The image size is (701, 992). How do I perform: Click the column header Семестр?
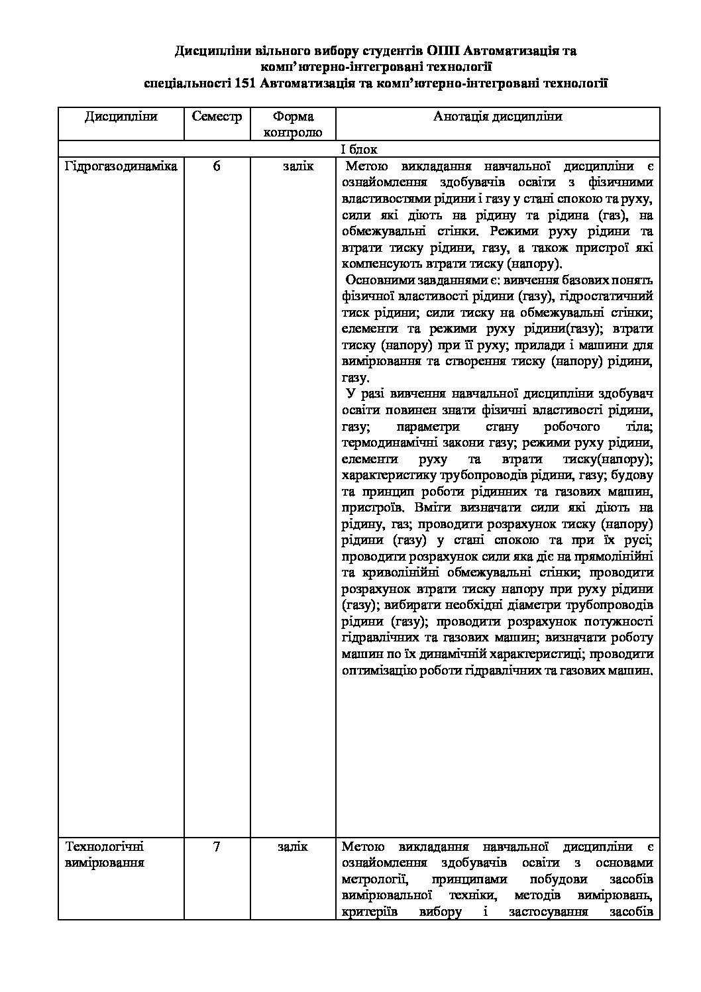(217, 117)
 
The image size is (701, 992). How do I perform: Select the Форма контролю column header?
(293, 124)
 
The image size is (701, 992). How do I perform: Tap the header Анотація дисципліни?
(498, 117)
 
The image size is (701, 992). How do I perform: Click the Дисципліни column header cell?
(121, 117)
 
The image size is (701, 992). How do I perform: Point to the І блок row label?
(359, 150)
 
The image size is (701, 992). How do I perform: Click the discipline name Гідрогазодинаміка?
(121, 166)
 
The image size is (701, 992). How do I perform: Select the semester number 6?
(217, 166)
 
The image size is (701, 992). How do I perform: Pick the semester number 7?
(217, 847)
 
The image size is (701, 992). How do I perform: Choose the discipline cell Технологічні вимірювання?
(105, 855)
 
